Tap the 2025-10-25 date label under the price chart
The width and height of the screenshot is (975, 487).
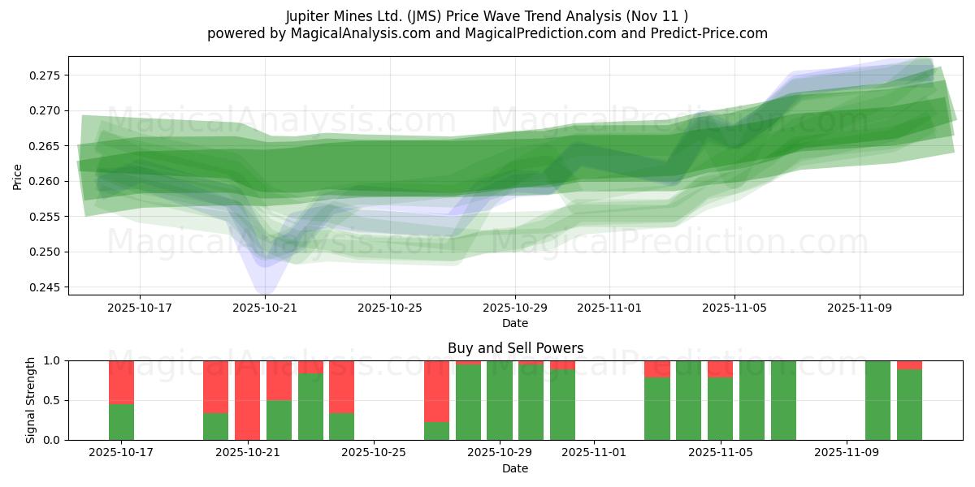pos(390,308)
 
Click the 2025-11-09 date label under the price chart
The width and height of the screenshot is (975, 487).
pos(860,308)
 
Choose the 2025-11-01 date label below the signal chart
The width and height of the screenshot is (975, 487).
pos(594,454)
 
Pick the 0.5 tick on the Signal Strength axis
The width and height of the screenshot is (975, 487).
pos(52,400)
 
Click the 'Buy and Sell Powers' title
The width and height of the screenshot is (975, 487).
pos(515,348)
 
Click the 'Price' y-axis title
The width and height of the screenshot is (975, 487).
pos(18,176)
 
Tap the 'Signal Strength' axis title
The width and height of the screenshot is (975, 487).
pos(31,400)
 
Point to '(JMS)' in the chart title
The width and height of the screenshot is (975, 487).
pos(431,16)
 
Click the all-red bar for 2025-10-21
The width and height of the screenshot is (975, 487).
pos(247,400)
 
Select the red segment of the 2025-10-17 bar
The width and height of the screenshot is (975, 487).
pos(121,382)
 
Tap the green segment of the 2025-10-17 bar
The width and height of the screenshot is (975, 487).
pos(121,422)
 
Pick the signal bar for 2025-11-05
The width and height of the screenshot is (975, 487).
pos(720,400)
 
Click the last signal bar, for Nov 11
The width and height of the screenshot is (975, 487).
pos(909,400)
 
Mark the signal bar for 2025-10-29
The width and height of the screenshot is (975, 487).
pos(500,400)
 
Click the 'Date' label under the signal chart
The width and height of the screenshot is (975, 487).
pos(515,468)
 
